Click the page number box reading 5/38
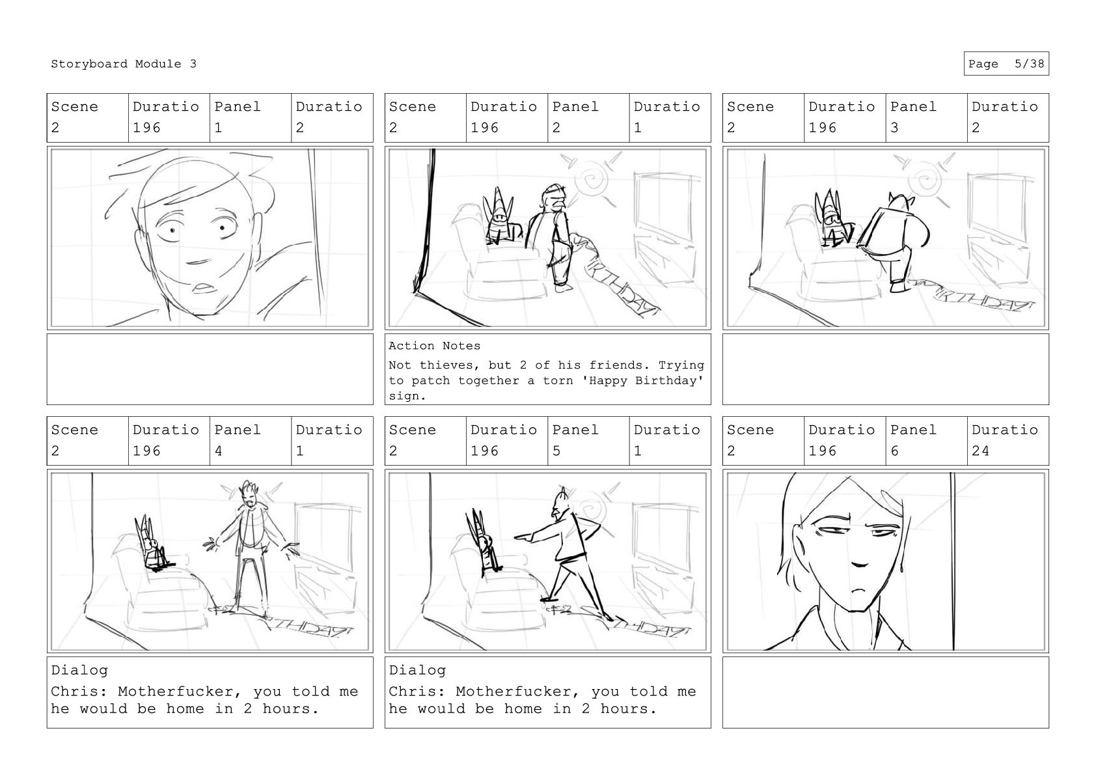[1006, 64]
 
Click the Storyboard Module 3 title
[123, 64]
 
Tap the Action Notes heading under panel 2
[435, 346]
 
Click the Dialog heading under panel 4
[79, 670]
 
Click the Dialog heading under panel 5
[417, 670]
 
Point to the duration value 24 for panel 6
[981, 451]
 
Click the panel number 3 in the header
[894, 128]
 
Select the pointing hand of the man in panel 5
[521, 537]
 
